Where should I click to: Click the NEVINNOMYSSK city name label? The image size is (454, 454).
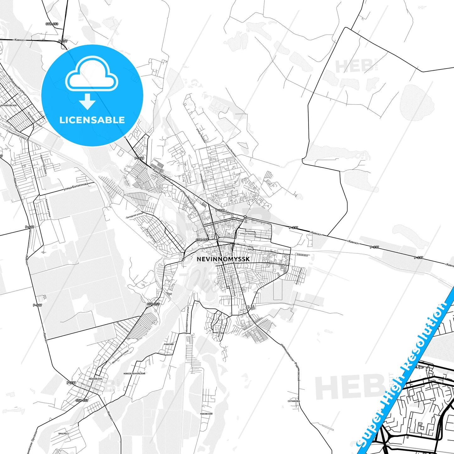click(x=223, y=259)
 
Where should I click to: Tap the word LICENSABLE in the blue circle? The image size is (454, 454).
click(x=92, y=120)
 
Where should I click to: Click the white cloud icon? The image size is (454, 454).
click(x=92, y=76)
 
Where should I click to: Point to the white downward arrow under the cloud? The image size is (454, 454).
click(x=87, y=101)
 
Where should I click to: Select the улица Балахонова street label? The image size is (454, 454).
click(x=75, y=187)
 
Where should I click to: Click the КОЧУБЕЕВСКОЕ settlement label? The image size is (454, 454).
click(x=8, y=106)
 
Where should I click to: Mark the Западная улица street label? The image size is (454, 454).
click(x=134, y=215)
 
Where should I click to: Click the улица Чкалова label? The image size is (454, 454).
click(x=248, y=234)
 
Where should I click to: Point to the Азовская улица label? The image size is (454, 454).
click(x=298, y=276)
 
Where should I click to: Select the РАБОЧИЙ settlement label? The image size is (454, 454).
click(x=169, y=344)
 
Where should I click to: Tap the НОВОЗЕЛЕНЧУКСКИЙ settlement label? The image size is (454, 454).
click(x=134, y=374)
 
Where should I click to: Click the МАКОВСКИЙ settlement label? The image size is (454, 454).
click(x=206, y=414)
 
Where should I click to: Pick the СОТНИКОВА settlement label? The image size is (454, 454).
click(x=294, y=401)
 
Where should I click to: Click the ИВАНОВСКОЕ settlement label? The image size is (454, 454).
click(x=96, y=379)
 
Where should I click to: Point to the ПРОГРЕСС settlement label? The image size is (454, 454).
click(x=64, y=434)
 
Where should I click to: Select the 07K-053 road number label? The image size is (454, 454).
click(x=52, y=24)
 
